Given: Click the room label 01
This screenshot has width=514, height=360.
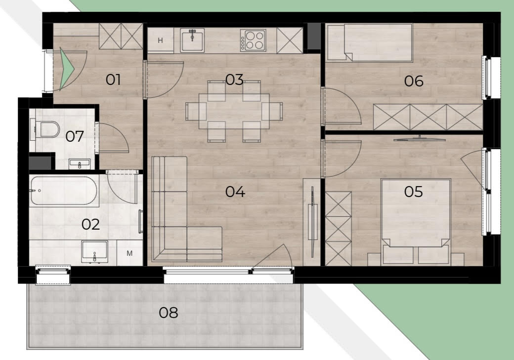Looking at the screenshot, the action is click(x=113, y=80).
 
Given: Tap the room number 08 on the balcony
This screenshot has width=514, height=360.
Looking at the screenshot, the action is click(x=169, y=313).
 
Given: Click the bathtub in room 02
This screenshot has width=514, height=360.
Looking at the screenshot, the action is click(x=64, y=191).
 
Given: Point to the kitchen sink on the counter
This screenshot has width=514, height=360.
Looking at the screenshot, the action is click(x=192, y=40).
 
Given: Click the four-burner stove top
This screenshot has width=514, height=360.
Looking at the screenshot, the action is click(x=253, y=40).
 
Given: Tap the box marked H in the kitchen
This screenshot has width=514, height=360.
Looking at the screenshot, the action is click(x=160, y=40).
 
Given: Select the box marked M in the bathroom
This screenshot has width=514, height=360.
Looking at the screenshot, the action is click(x=129, y=253).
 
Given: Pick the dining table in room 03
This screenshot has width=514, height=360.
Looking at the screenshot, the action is click(x=234, y=112).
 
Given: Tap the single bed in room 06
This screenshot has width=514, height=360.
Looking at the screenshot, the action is click(x=370, y=42).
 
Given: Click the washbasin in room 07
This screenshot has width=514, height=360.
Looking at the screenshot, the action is click(x=80, y=164).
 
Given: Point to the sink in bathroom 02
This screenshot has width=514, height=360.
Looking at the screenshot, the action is click(x=94, y=251).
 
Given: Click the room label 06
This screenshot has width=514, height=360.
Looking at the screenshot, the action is click(x=414, y=81).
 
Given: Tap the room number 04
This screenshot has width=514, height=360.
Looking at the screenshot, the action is click(x=235, y=192).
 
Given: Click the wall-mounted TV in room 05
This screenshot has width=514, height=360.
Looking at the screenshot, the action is click(x=420, y=139).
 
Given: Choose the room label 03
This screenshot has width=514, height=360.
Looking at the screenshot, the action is click(x=234, y=80).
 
